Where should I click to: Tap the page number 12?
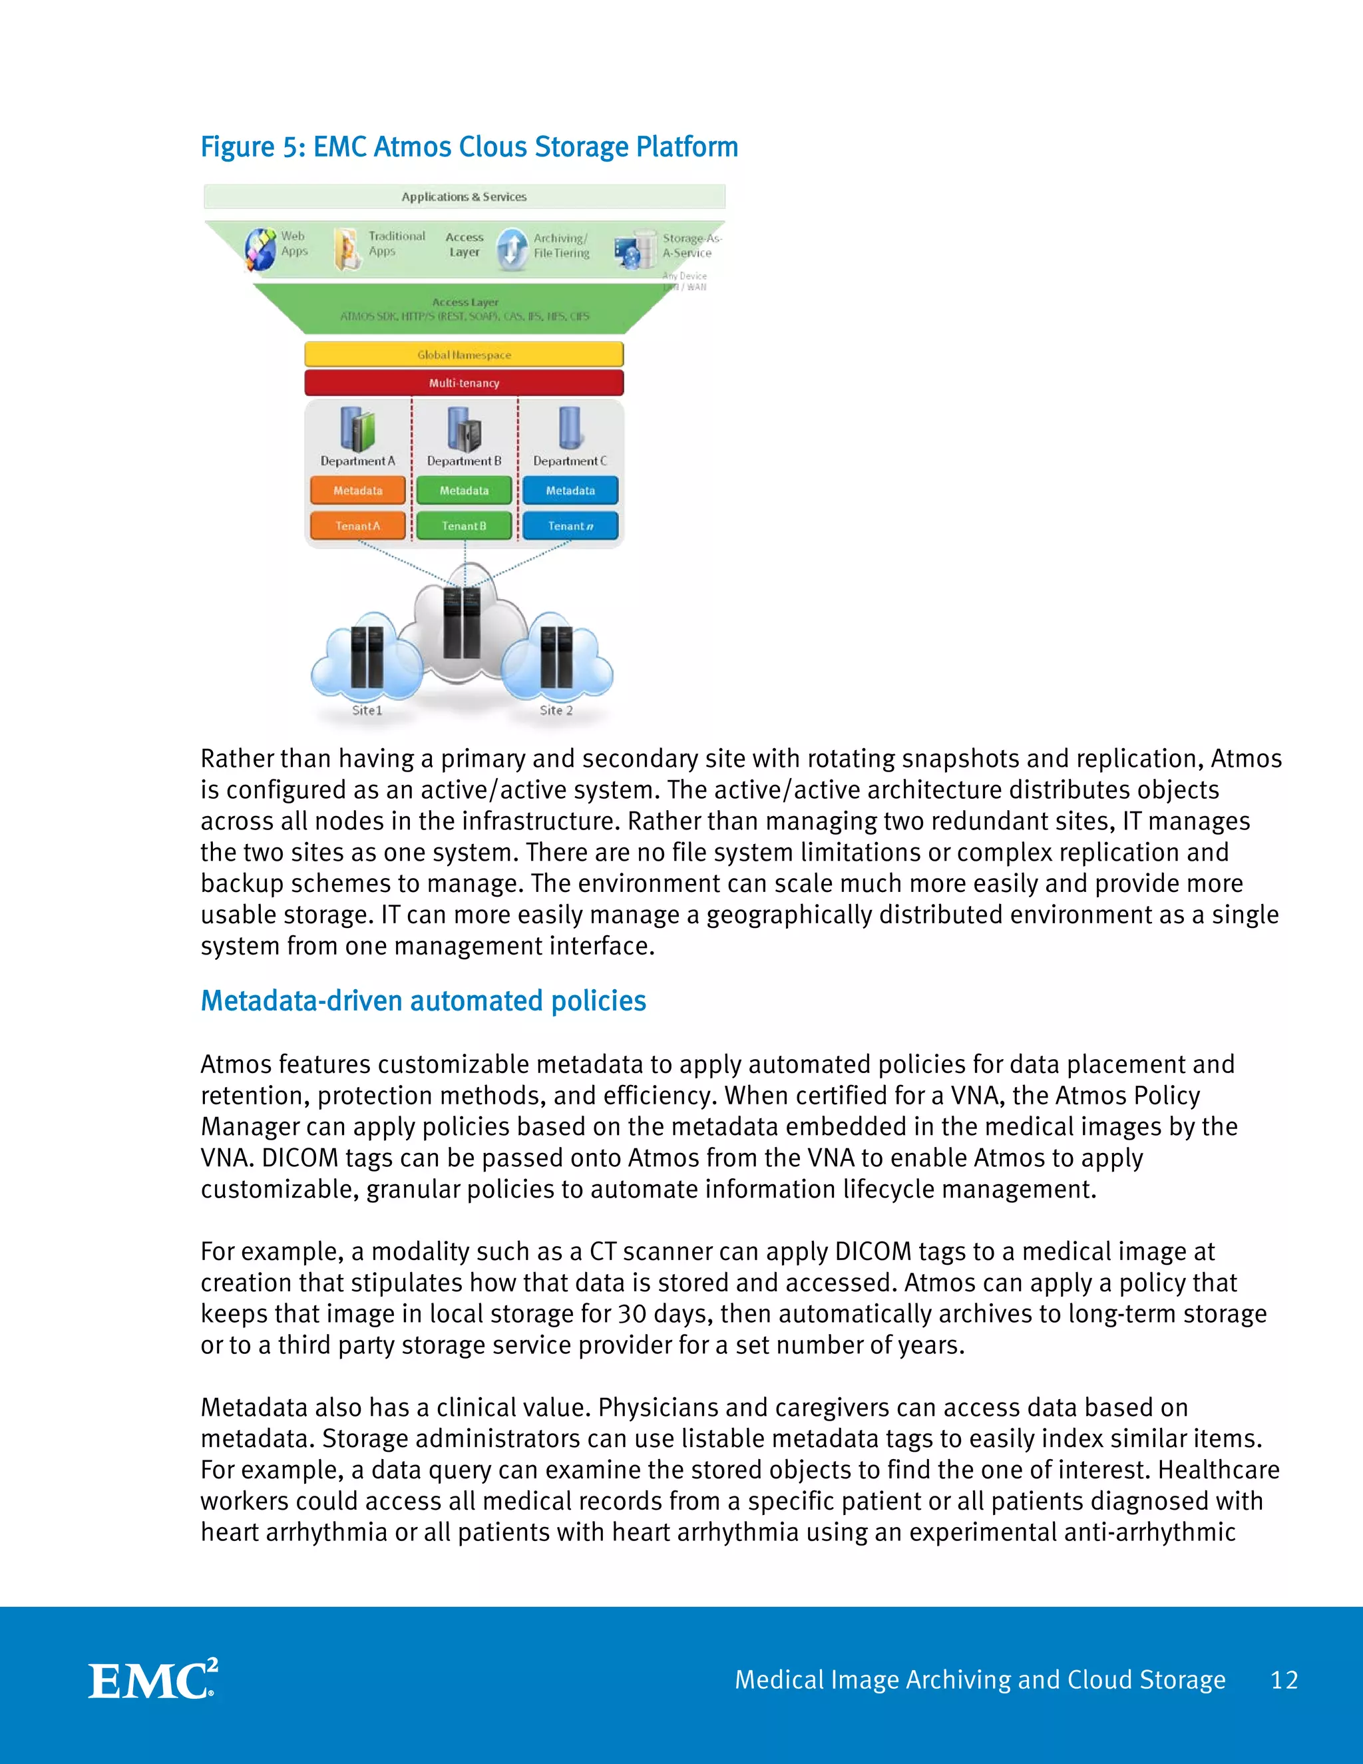click(1283, 1680)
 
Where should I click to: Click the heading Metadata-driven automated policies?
click(423, 1000)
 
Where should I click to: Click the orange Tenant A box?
click(357, 526)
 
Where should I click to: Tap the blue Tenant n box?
click(570, 526)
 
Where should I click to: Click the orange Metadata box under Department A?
click(357, 491)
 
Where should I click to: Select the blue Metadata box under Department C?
click(570, 491)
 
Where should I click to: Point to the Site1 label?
click(367, 710)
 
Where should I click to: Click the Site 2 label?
click(556, 710)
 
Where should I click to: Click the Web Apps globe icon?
click(260, 249)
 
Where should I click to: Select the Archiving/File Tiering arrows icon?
click(512, 248)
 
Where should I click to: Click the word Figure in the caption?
click(238, 147)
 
